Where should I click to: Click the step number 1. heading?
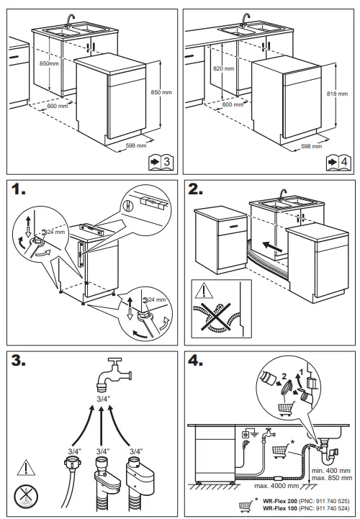click(x=22, y=191)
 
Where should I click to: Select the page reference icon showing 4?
click(x=336, y=161)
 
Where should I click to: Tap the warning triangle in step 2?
click(x=204, y=292)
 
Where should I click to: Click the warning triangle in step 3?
click(x=24, y=466)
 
